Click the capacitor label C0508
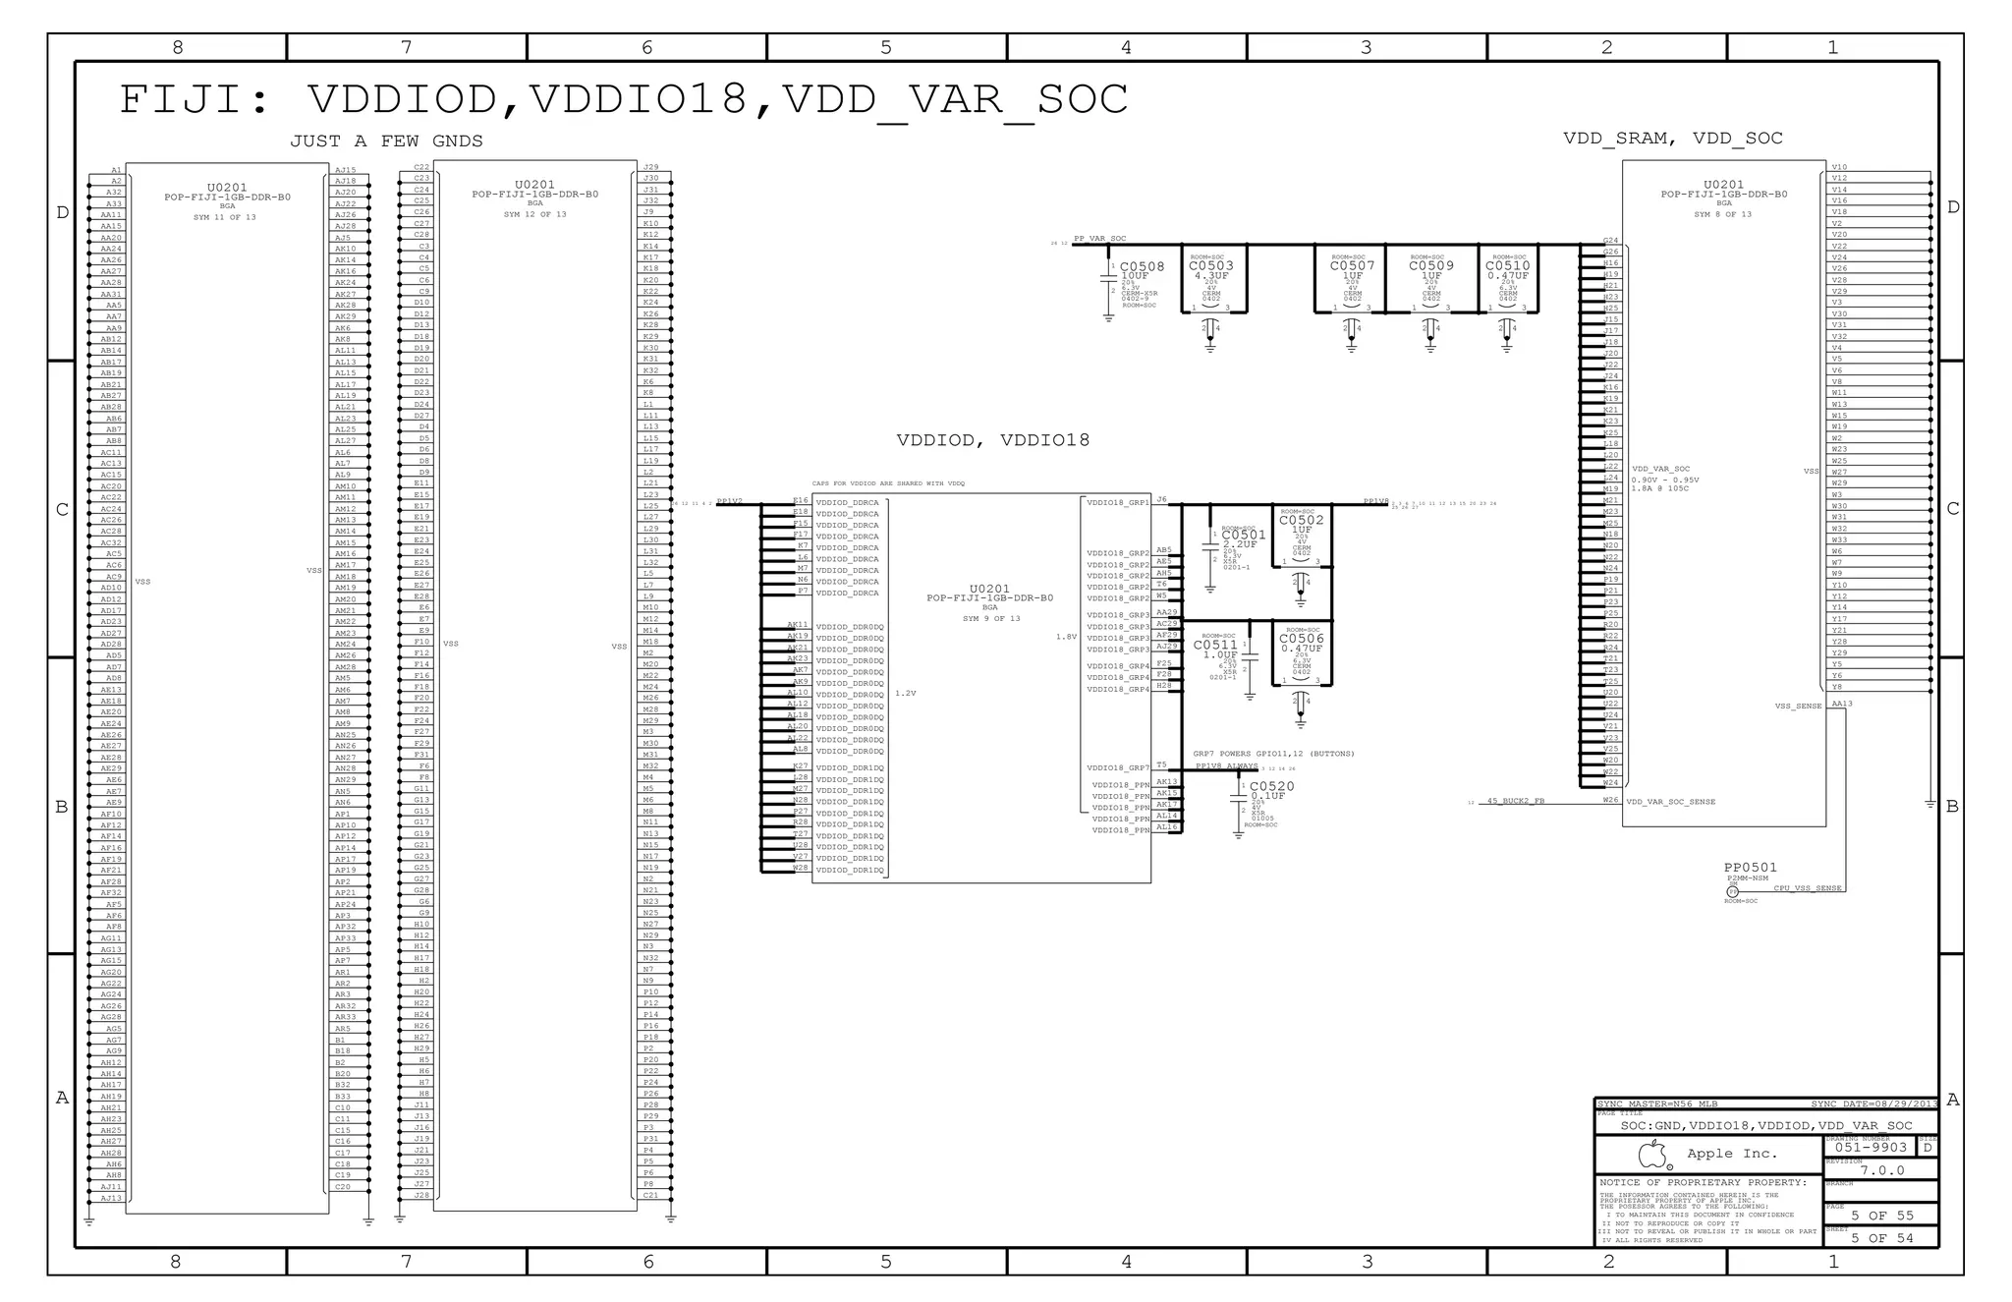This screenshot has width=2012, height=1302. [1142, 266]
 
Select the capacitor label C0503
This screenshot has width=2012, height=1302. [1210, 265]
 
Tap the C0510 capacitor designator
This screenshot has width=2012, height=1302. [1507, 265]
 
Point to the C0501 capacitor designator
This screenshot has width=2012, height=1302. [1244, 536]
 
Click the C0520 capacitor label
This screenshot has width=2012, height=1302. [1271, 786]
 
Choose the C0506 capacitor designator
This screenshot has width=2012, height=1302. [1301, 639]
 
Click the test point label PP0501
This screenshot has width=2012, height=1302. [1750, 868]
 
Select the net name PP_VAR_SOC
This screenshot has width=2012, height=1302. [1099, 239]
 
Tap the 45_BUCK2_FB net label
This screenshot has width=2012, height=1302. [1515, 801]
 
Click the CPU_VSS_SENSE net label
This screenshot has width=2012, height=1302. [1807, 888]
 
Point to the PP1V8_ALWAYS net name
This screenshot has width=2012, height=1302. [1225, 766]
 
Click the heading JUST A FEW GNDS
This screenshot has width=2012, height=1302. [386, 142]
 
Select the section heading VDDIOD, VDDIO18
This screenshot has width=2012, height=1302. [992, 440]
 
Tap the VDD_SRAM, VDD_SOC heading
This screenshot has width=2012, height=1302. [1672, 139]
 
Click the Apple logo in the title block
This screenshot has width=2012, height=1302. [1654, 1154]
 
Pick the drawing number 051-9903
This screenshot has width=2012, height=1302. [1871, 1148]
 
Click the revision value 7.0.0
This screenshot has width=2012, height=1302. [1881, 1170]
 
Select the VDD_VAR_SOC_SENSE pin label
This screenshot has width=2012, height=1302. [1670, 802]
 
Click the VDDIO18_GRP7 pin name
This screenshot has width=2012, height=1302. [1118, 768]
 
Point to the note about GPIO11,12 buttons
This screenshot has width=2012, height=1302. [1273, 754]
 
